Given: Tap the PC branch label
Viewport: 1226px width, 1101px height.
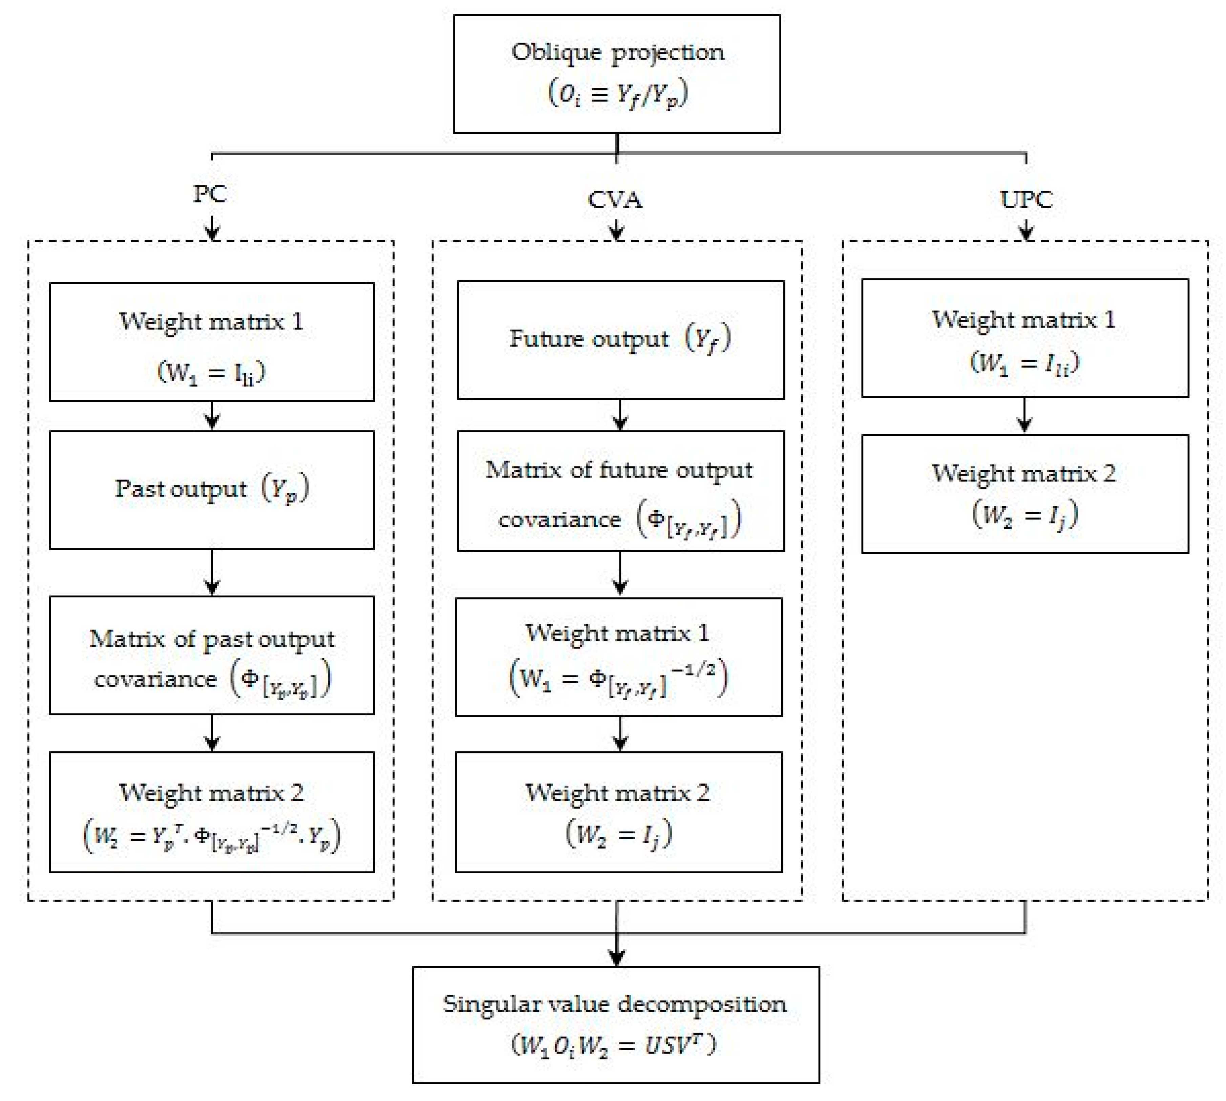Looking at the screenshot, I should [210, 194].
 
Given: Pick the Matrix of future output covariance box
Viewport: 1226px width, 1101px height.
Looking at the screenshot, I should [620, 491].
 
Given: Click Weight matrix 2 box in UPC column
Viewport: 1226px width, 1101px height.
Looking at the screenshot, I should [1024, 493].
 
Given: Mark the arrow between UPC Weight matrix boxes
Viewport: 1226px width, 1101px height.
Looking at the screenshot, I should [1024, 416].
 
